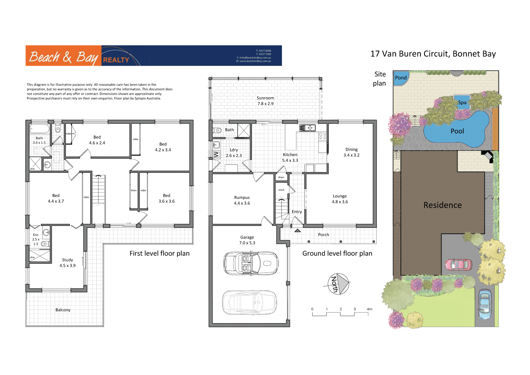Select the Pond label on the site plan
[x=401, y=78]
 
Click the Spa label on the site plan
[x=462, y=102]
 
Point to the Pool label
[x=457, y=131]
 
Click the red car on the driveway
[x=459, y=264]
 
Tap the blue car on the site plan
[x=484, y=304]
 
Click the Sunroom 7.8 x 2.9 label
[x=265, y=101]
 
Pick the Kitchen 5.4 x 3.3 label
[x=290, y=158]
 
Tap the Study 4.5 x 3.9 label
[x=67, y=263]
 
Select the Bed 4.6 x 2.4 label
[x=97, y=140]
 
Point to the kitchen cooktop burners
[x=322, y=136]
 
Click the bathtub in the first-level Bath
[x=40, y=129]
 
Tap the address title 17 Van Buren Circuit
[x=433, y=54]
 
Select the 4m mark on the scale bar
[x=369, y=309]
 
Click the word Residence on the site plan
[x=442, y=205]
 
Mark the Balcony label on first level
[x=63, y=310]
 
